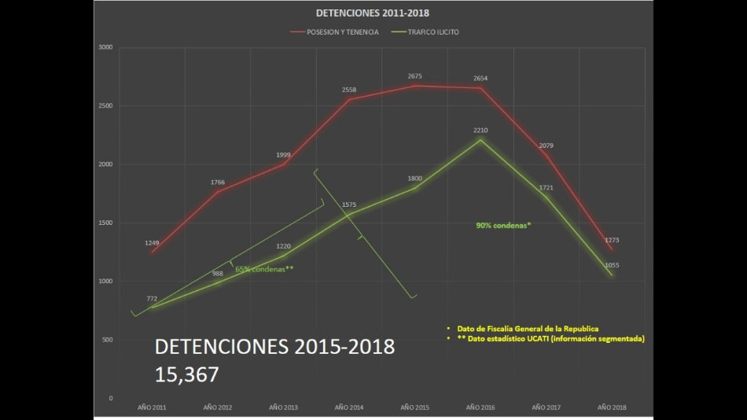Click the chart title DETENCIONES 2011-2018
[x=373, y=13]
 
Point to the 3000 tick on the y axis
[x=105, y=47]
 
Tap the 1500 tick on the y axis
[x=105, y=223]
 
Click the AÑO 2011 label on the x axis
[x=152, y=407]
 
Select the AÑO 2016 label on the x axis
[x=480, y=407]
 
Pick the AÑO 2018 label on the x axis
[x=612, y=407]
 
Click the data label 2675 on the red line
[x=415, y=76]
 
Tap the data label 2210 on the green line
[x=481, y=130]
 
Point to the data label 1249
[x=152, y=243]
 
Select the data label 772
[x=152, y=299]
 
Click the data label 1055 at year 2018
[x=612, y=265]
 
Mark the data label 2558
[x=349, y=90]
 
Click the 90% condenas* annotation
[x=503, y=225]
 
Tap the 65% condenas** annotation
[x=264, y=269]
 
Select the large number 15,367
[x=187, y=374]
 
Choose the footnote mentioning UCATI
[x=544, y=338]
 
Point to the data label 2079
[x=546, y=146]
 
